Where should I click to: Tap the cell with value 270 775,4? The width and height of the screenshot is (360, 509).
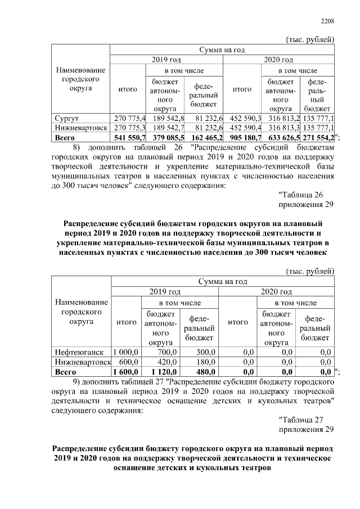[130, 119]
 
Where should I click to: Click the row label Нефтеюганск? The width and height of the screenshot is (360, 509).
[78, 352]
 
